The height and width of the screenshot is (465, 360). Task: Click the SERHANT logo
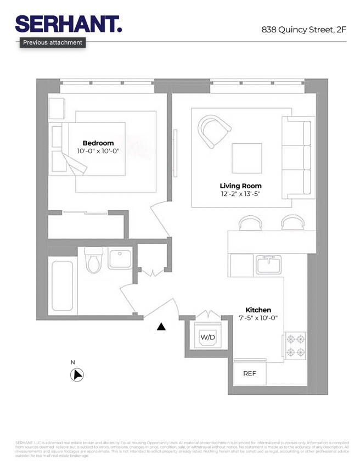(68, 24)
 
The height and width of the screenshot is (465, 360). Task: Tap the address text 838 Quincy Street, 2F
(303, 30)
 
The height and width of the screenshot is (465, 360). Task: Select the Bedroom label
(98, 143)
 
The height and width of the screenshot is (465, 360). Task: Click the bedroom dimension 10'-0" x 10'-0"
(98, 151)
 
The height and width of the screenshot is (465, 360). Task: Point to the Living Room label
(240, 186)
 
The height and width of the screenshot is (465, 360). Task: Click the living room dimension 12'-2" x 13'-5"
(240, 194)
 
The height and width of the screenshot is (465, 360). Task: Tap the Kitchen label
(258, 310)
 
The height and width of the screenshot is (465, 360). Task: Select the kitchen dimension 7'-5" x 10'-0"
(258, 318)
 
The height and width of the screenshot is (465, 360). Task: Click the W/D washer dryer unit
(207, 336)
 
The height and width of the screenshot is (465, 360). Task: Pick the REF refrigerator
(250, 373)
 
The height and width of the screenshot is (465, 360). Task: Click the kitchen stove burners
(295, 346)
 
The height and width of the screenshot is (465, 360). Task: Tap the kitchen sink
(268, 264)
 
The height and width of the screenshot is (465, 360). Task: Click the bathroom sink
(120, 259)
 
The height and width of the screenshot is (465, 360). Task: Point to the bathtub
(61, 286)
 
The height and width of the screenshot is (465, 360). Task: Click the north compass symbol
(77, 375)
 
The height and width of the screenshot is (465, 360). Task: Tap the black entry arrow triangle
(161, 327)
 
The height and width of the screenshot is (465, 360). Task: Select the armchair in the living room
(214, 131)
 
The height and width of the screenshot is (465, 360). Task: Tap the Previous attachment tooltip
(53, 42)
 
